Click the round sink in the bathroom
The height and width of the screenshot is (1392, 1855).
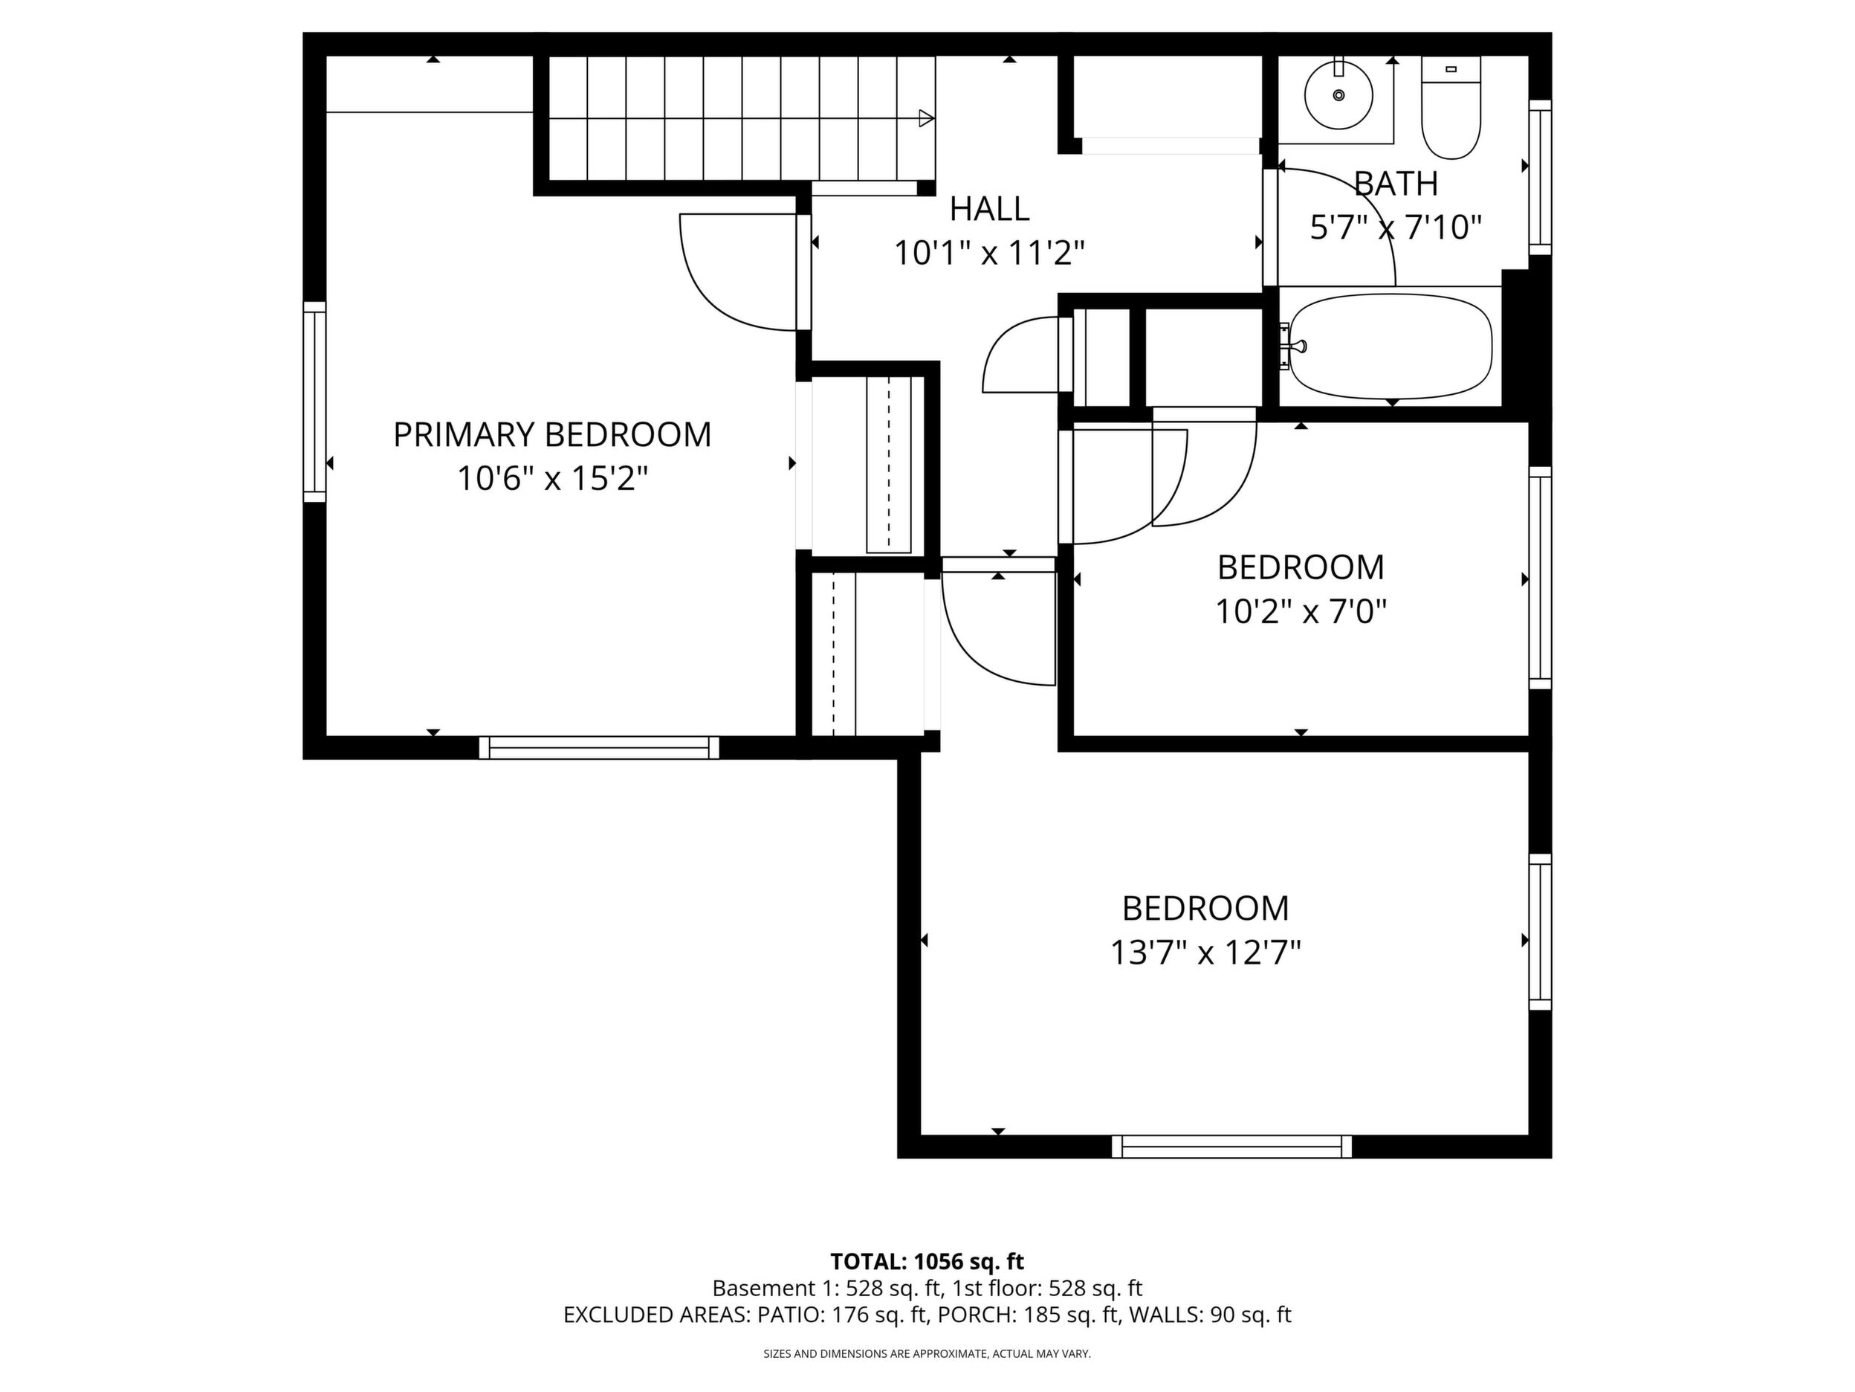[1338, 95]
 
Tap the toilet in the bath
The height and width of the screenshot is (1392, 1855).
[1451, 107]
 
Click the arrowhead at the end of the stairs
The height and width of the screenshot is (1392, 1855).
[927, 118]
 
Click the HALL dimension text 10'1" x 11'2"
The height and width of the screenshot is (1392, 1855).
[990, 253]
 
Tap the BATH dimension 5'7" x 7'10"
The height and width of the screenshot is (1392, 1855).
[1396, 228]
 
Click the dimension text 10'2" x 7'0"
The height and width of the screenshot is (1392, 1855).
[1301, 612]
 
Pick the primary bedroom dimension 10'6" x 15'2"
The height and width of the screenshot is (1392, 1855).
[553, 479]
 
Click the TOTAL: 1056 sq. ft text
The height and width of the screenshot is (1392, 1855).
[927, 1261]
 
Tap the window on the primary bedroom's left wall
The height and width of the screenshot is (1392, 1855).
[314, 402]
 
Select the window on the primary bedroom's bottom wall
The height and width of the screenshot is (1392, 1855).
[599, 747]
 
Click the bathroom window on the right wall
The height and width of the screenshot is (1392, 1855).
[1541, 177]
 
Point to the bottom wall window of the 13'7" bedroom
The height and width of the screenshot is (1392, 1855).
[1232, 1146]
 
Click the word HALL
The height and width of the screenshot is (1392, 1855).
[990, 209]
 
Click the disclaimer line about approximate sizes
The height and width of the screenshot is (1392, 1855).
[927, 1353]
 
